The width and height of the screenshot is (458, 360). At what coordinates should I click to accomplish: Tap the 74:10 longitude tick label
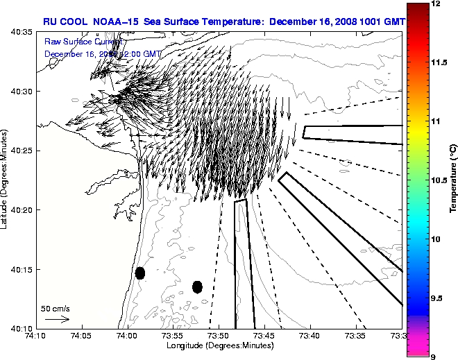coord(35,336)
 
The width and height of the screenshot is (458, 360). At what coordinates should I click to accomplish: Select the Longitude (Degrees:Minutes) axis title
coord(219,345)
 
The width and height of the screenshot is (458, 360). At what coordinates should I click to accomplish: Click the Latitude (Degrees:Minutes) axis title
coord(5,180)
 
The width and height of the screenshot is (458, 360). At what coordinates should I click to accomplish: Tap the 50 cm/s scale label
coord(56,308)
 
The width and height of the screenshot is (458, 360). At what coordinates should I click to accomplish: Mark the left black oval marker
coord(140,273)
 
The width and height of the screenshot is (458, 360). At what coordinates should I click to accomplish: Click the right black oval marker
coord(197,286)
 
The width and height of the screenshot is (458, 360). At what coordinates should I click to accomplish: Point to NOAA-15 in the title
coord(117,22)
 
